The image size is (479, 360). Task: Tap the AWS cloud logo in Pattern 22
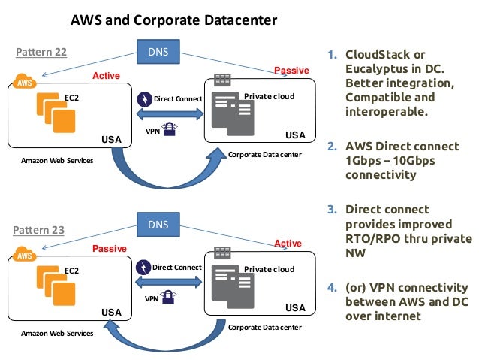(25, 81)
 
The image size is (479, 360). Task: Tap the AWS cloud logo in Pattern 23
(25, 253)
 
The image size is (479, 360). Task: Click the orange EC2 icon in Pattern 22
(56, 113)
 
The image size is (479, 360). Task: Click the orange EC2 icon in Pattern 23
(56, 284)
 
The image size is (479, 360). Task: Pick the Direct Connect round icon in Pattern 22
(144, 98)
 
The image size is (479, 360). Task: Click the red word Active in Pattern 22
(106, 76)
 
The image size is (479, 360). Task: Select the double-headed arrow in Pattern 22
(170, 113)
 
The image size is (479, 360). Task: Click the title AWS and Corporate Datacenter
(174, 20)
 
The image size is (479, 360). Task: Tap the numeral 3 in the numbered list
(332, 209)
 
